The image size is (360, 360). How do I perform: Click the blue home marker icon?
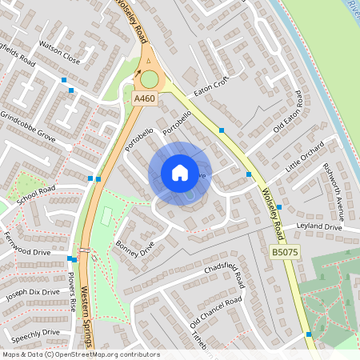tap(180, 173)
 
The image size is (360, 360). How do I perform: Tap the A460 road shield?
tap(143, 98)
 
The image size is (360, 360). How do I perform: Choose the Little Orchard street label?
tap(307, 160)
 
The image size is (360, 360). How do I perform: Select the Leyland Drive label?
tap(318, 227)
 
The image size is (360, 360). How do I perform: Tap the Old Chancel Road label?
tap(215, 314)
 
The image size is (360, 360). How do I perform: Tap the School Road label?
tap(35, 198)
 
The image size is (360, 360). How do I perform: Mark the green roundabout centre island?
tap(149, 78)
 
